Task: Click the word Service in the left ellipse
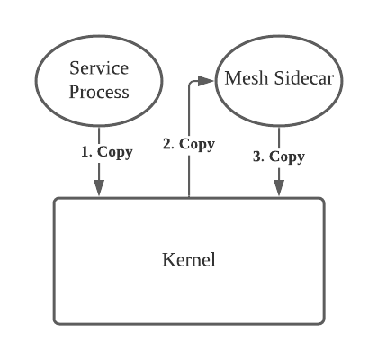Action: [99, 68]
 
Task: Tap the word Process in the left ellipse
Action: [99, 91]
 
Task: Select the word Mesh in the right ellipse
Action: [241, 78]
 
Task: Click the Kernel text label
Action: [189, 260]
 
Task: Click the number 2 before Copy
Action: [166, 144]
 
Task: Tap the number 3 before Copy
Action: [257, 157]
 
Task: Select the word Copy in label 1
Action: [114, 151]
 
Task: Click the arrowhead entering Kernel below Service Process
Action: [99, 188]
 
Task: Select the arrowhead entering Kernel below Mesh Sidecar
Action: [279, 188]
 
